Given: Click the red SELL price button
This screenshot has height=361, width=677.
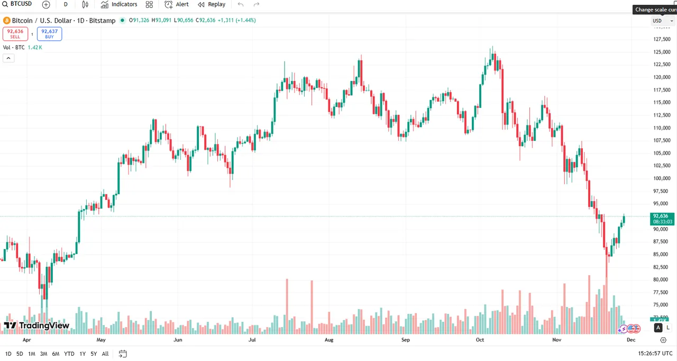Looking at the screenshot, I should [15, 34].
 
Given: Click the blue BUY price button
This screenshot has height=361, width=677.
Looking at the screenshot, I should [49, 34].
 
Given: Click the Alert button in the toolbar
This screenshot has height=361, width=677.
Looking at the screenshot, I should [177, 5].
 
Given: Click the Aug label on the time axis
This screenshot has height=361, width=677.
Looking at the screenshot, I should [329, 340].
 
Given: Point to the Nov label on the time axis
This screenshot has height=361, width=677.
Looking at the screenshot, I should [556, 340].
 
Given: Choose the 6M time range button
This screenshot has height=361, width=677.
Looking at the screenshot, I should [56, 354].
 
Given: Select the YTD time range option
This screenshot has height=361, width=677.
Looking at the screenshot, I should [69, 354].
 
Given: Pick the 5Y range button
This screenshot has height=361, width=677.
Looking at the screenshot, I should [94, 354].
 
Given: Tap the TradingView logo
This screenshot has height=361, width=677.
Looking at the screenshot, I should [36, 326].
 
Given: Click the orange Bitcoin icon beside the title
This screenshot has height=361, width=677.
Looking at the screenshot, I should [7, 21].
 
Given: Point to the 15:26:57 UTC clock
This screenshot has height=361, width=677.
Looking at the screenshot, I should [655, 353].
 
